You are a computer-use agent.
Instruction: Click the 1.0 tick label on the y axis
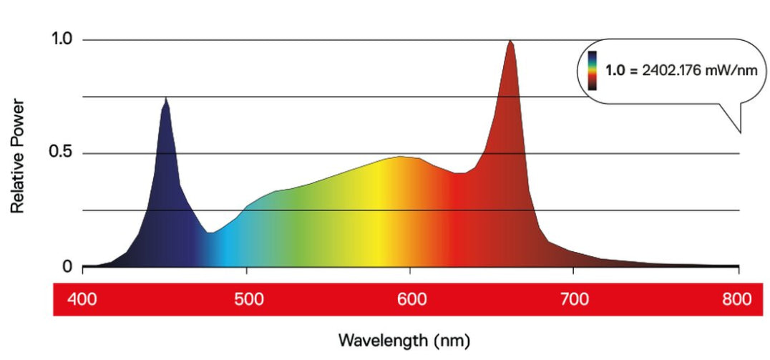(x=62, y=39)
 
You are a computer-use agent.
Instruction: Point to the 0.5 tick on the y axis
(x=62, y=153)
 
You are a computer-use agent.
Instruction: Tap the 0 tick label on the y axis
(x=67, y=267)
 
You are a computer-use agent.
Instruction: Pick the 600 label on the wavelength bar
(x=409, y=300)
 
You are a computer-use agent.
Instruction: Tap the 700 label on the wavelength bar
(x=572, y=300)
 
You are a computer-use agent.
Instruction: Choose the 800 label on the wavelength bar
(x=736, y=300)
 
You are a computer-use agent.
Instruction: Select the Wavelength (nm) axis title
(x=404, y=339)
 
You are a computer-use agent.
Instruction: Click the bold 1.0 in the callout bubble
(x=615, y=71)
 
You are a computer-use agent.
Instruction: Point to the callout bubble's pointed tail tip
(x=740, y=133)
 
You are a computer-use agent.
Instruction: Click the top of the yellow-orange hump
(x=401, y=156)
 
